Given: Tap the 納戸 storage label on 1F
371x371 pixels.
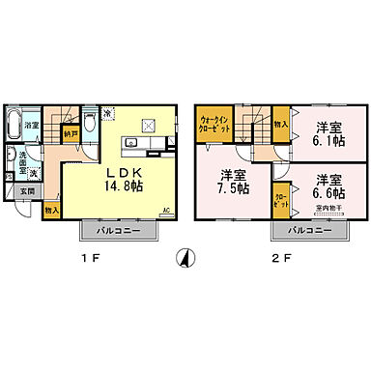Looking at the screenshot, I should click(71, 134).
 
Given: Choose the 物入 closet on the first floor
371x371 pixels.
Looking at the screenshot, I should click(50, 207).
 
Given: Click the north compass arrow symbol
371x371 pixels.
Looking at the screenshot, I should click(185, 258).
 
